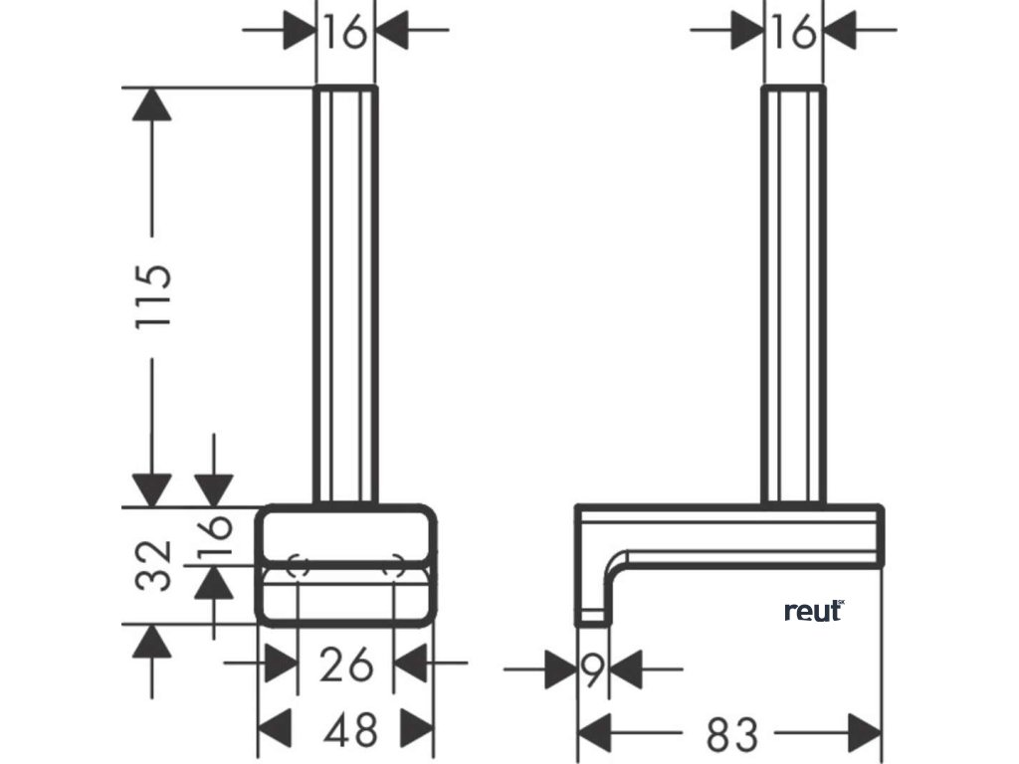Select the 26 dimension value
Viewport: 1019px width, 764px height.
point(346,664)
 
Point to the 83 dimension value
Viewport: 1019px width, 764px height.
point(731,734)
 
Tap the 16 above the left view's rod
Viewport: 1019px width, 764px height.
point(345,33)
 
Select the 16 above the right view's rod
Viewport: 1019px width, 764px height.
point(793,33)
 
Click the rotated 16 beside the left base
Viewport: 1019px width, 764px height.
point(216,537)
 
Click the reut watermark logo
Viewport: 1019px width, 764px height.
point(814,610)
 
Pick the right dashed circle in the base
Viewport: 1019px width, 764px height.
point(394,567)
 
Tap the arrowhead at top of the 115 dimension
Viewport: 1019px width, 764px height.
point(151,104)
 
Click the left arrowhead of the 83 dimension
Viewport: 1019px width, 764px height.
point(595,734)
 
